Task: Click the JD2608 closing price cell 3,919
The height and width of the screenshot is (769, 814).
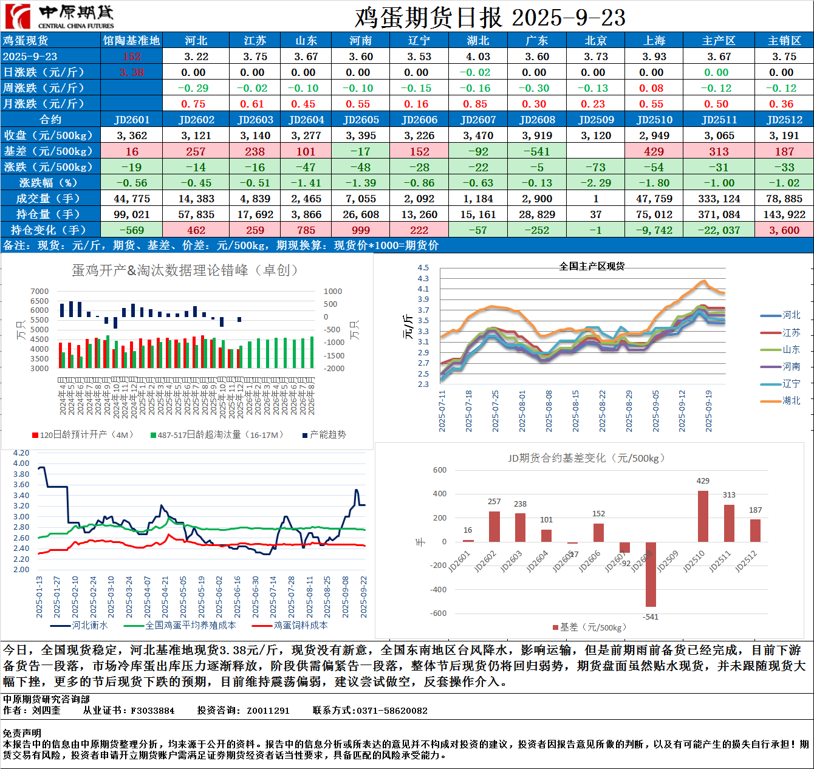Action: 537,135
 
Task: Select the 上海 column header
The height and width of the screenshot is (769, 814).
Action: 654,41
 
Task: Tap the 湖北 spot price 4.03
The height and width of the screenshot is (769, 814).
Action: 478,56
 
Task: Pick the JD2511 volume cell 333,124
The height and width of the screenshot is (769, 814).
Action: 719,199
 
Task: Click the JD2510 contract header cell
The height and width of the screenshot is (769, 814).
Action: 654,120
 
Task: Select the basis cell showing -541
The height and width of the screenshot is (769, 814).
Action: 537,151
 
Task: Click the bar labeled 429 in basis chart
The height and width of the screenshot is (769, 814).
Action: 703,516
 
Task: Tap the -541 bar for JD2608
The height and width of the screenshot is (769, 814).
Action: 651,574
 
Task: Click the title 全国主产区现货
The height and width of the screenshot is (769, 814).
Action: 592,266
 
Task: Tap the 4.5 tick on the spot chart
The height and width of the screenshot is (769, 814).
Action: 423,268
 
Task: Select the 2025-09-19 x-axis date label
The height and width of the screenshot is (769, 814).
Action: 708,411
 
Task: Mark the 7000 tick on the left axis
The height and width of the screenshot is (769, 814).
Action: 39,292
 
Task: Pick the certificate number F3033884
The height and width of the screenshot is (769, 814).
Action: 152,711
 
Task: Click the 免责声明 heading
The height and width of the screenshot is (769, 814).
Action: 22,734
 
